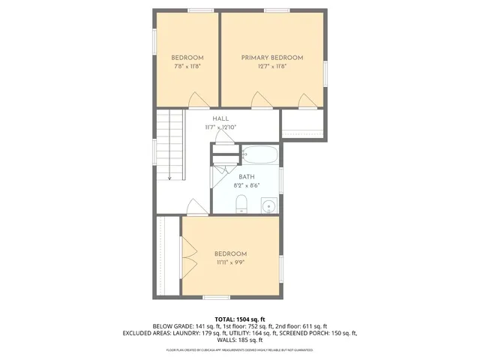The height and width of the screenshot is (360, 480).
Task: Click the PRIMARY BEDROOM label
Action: (271, 58)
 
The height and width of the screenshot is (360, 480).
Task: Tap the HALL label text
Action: (220, 118)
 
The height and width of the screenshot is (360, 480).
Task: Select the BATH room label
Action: (246, 177)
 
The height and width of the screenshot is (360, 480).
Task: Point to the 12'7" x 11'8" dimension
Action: (271, 66)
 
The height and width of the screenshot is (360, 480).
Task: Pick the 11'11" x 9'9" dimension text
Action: (230, 262)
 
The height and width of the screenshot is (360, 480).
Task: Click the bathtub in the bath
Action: (259, 156)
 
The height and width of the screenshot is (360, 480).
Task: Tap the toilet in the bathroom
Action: (241, 203)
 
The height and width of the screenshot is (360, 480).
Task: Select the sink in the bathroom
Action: (268, 205)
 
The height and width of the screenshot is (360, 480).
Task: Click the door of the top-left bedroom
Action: (198, 100)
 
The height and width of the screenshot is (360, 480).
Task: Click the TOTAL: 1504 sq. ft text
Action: (240, 319)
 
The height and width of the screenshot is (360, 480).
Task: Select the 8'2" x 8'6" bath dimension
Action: (246, 185)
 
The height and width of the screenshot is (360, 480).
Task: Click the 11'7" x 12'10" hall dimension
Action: (220, 127)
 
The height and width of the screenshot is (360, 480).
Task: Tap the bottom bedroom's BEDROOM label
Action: (230, 254)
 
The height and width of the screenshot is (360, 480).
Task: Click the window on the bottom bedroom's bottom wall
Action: (216, 298)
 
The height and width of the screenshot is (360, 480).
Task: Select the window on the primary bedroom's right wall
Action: (325, 75)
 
